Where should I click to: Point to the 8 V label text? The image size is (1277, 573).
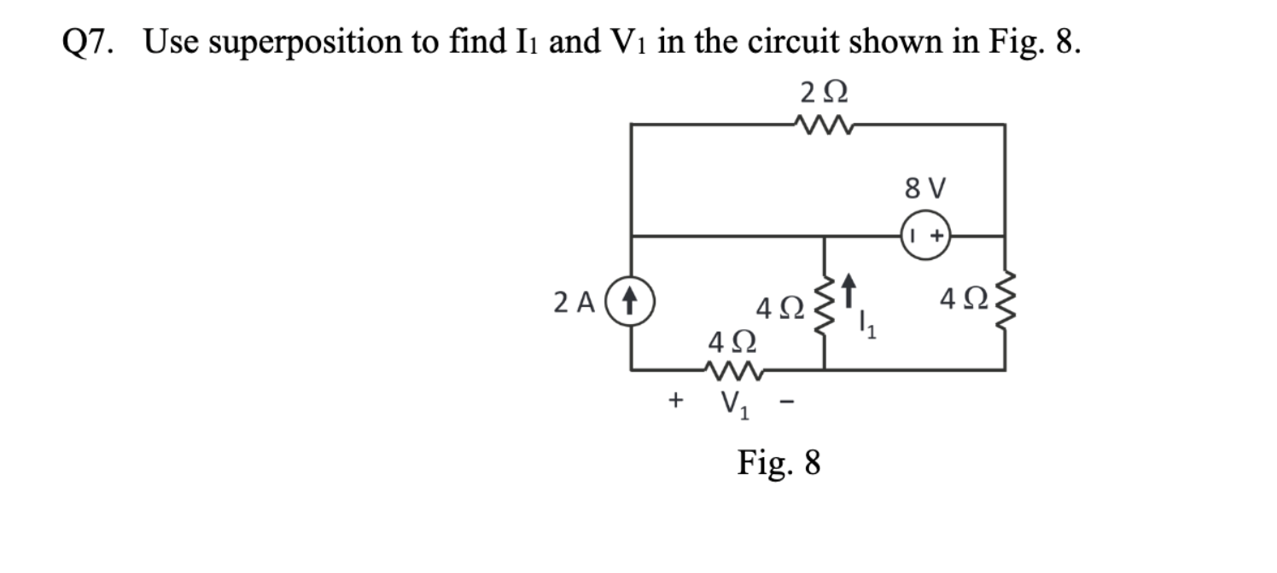(924, 188)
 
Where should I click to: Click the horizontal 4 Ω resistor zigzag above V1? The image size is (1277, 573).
(733, 370)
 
